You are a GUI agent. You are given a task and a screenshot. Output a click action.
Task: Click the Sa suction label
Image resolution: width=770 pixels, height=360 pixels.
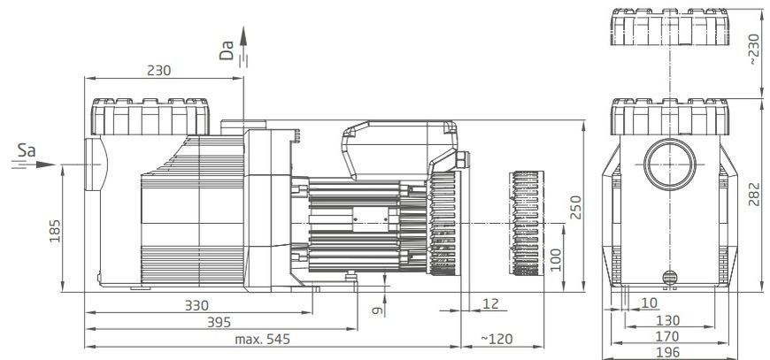click(27, 150)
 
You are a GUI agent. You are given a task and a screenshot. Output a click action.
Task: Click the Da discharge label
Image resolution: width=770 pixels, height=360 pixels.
click(227, 50)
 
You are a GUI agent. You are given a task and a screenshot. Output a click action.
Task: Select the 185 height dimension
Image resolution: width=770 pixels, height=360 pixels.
click(55, 231)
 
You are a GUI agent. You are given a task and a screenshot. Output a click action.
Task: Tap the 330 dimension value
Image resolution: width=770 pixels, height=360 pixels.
click(196, 305)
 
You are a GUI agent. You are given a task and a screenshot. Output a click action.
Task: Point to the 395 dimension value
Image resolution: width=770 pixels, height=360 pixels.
click(219, 322)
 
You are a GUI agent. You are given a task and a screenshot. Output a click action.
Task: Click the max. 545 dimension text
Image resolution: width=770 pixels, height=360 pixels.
click(262, 339)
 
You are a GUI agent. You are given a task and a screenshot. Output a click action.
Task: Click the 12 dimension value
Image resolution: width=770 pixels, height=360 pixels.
click(490, 303)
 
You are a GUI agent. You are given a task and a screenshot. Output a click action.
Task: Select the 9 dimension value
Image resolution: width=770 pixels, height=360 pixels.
click(377, 310)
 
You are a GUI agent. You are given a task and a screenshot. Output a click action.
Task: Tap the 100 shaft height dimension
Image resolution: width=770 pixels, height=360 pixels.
click(556, 260)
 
